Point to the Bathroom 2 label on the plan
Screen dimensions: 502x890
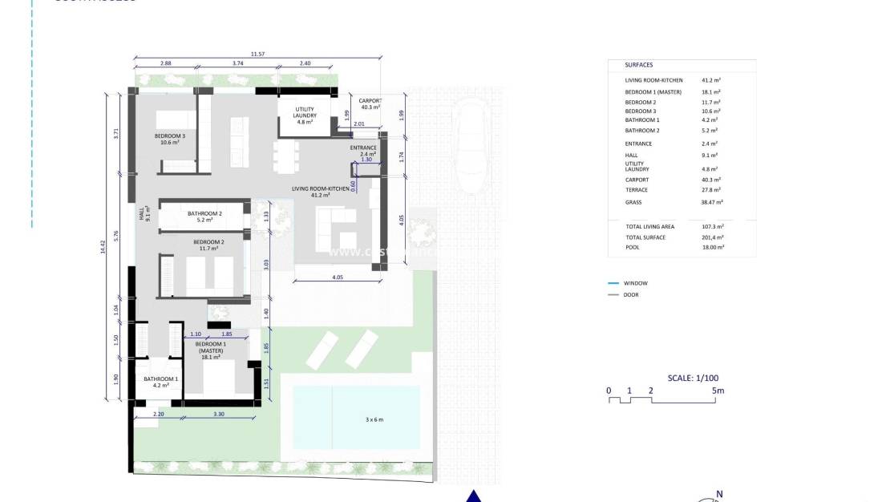tap(204, 217)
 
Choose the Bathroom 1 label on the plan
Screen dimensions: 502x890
tap(160, 382)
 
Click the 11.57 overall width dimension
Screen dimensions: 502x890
tap(257, 54)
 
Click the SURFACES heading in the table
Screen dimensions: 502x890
tap(639, 65)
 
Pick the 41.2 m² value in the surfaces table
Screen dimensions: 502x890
tap(710, 81)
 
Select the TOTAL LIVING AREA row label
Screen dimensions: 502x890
tap(649, 227)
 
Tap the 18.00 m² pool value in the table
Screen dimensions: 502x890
tap(712, 248)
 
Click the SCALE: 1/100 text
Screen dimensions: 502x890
tap(693, 378)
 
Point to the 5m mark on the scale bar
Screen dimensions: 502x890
tap(718, 391)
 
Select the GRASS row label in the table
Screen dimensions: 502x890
tap(633, 203)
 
